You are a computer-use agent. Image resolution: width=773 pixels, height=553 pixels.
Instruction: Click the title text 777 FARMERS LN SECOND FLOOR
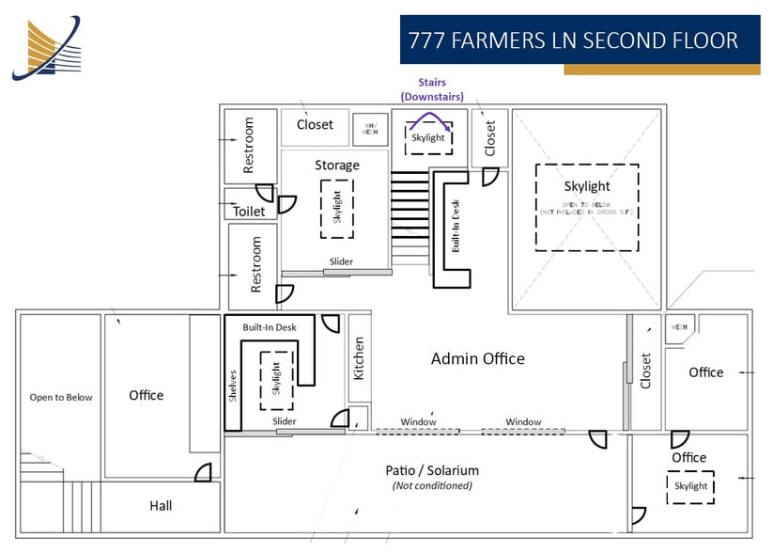pos(572,41)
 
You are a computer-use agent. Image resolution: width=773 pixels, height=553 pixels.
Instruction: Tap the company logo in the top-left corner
pos(47,47)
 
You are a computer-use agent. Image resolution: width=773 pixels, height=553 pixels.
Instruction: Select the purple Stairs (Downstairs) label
pos(431,89)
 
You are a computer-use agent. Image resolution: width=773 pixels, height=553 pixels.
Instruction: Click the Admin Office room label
pos(477,358)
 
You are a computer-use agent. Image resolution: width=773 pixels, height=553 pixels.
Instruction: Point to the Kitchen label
pos(358,358)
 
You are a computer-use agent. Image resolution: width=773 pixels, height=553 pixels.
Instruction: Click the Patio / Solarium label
pos(432,470)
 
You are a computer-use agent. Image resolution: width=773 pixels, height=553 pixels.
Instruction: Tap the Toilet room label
pos(249,212)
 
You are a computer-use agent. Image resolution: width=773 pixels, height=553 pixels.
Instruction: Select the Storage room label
pos(336,166)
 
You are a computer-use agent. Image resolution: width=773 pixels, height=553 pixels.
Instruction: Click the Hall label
pos(161,506)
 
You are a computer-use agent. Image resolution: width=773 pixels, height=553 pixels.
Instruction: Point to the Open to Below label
pos(61,397)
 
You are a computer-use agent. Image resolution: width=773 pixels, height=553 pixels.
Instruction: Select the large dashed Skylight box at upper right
pos(587,207)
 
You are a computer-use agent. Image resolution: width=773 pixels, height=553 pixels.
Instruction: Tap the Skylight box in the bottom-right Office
pos(690,486)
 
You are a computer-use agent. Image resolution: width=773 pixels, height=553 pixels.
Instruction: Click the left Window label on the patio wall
pos(418,421)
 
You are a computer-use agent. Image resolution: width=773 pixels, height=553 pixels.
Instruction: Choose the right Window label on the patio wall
pos(523,421)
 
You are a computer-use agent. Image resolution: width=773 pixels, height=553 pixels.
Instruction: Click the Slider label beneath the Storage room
pos(341,262)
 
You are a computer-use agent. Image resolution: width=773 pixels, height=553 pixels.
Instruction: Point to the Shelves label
pos(233,387)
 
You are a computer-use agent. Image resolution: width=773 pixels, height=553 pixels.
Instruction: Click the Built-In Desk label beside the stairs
pos(456,227)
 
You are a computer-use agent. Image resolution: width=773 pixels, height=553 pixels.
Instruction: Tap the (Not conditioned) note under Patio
pos(432,485)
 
